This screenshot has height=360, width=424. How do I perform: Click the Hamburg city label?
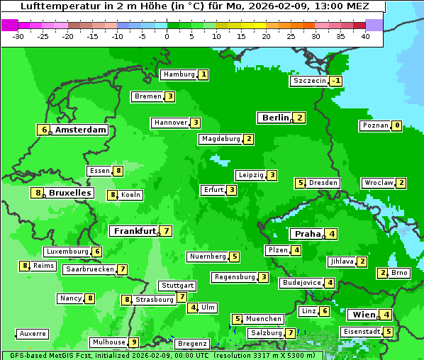178,74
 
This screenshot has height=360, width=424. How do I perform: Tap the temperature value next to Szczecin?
335,81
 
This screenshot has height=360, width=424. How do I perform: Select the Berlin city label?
275,118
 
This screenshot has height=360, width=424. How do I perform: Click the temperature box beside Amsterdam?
44,130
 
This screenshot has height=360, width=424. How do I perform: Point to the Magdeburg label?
221,139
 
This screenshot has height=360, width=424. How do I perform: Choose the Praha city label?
308,234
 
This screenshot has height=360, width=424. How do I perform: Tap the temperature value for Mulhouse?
133,342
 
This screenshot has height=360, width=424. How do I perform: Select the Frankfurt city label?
134,231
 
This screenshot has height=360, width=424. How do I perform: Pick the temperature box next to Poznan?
397,126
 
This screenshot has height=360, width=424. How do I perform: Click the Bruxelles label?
69,193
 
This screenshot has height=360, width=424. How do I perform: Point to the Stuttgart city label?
177,286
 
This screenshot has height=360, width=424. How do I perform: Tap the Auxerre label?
33,333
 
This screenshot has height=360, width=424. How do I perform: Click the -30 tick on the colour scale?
18,36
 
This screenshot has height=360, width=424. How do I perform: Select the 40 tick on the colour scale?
365,36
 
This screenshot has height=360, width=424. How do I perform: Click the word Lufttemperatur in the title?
55,6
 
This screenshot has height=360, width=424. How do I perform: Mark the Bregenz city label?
192,344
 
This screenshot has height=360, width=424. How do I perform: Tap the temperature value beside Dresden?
300,183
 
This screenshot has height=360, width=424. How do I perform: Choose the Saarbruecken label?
89,269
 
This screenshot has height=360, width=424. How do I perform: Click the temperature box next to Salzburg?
291,333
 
